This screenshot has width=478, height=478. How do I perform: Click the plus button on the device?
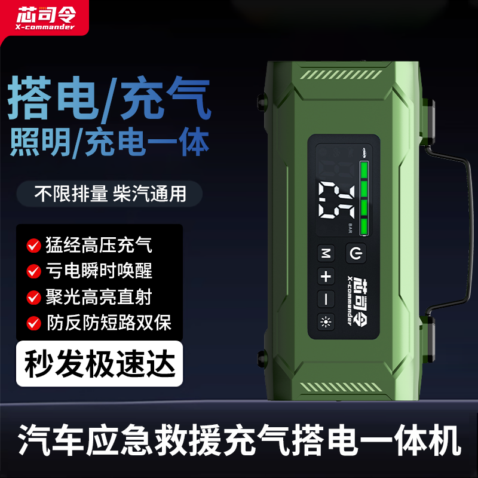tap(326, 277)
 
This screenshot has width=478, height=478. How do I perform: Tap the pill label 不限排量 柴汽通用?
tap(110, 194)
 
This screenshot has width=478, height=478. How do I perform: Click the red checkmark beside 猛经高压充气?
tap(33, 245)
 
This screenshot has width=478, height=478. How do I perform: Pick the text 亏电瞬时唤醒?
tap(99, 271)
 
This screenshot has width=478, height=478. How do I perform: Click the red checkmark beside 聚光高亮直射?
tap(33, 297)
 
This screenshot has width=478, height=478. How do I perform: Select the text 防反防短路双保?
tap(108, 323)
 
